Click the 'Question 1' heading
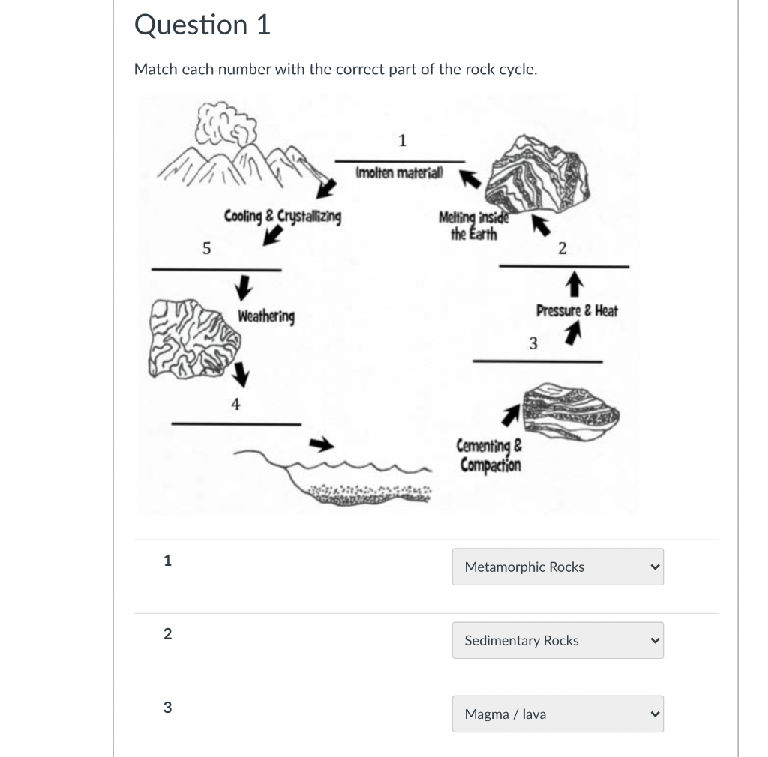pyautogui.click(x=202, y=25)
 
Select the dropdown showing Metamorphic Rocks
pyautogui.click(x=557, y=567)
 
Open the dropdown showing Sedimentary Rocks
pyautogui.click(x=557, y=641)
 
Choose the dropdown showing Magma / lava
pyautogui.click(x=557, y=714)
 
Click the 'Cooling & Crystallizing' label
pyautogui.click(x=283, y=217)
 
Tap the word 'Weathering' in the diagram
pyautogui.click(x=266, y=316)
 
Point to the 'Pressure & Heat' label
pyautogui.click(x=577, y=310)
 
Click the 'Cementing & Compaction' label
pyautogui.click(x=490, y=456)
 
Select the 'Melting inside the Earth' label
pyautogui.click(x=472, y=225)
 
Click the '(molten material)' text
pyautogui.click(x=399, y=173)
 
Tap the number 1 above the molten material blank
pyautogui.click(x=402, y=140)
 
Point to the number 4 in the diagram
pyautogui.click(x=235, y=405)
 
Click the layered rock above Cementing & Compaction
pyautogui.click(x=570, y=411)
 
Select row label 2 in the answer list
pyautogui.click(x=167, y=634)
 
